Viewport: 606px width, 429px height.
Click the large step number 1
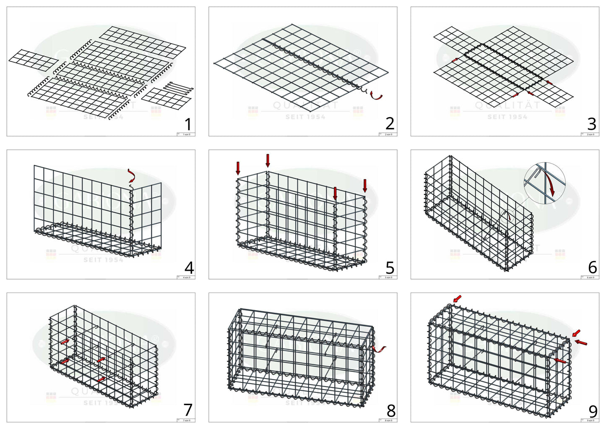[188, 124]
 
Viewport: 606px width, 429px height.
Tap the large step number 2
[390, 123]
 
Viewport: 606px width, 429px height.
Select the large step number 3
[592, 124]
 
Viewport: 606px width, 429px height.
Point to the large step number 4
[189, 267]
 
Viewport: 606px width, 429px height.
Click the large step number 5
[390, 267]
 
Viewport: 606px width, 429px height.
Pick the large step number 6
[592, 267]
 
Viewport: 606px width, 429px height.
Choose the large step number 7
[188, 410]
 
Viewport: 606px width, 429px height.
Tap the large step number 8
[390, 410]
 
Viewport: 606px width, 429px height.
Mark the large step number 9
[593, 411]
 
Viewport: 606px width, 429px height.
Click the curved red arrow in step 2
[377, 96]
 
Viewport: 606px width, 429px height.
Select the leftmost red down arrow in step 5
[238, 168]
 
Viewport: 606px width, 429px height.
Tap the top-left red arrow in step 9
[457, 298]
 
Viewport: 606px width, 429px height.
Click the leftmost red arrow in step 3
[455, 61]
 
